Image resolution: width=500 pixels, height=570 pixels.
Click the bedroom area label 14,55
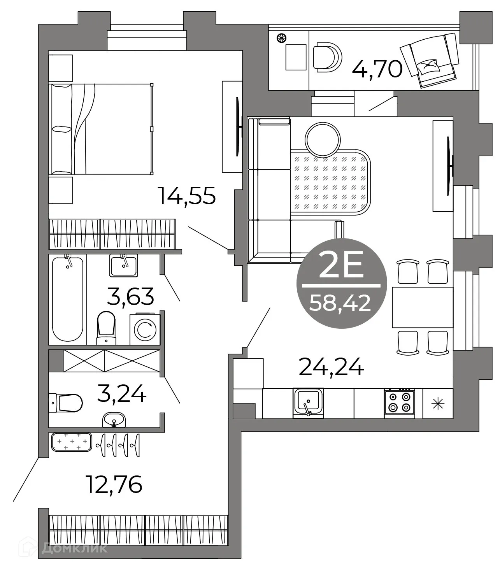186,195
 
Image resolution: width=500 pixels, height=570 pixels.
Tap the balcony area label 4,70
377,70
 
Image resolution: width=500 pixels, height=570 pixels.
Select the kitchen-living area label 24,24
331,367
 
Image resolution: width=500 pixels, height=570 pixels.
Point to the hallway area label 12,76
114,484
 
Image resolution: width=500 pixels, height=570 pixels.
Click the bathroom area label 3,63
130,296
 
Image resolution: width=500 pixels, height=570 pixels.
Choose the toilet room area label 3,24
122,394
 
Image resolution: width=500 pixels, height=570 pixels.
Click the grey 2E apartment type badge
342,283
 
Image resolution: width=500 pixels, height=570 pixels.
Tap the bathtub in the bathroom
68,298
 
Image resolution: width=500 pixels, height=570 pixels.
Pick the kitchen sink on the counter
308,402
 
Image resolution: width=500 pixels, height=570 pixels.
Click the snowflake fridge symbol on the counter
438,403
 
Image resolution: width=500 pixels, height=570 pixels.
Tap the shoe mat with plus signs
71,442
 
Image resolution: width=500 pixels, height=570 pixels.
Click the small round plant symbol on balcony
281,38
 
